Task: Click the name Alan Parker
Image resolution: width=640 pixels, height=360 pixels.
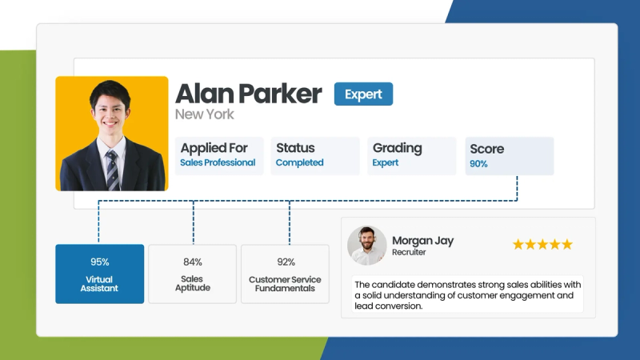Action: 248,94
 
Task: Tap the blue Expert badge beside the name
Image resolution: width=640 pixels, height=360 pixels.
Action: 363,94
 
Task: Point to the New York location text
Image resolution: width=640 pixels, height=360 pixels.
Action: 205,114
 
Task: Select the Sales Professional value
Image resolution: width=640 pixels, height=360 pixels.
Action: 218,162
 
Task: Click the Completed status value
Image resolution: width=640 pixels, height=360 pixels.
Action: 299,162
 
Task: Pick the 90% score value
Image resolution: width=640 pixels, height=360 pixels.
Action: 478,164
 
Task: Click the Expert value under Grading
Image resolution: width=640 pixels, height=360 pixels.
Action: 386,162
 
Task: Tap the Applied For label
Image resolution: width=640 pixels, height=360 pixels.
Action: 214,148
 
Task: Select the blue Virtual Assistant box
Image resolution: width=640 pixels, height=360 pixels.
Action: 100,274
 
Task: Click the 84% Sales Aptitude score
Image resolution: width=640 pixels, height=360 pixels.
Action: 192,262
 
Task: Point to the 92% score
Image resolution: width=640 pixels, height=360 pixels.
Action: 285,262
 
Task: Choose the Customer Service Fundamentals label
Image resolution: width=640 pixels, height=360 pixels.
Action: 285,283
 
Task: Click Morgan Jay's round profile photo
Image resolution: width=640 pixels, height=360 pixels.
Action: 366,246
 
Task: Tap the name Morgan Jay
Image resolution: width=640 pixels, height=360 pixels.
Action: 423,240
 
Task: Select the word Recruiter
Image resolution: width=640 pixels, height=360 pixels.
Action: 409,253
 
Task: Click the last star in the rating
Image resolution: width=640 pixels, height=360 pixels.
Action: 567,244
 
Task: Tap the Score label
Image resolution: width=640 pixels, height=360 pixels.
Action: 486,149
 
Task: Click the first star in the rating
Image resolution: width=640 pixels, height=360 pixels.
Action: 518,244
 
